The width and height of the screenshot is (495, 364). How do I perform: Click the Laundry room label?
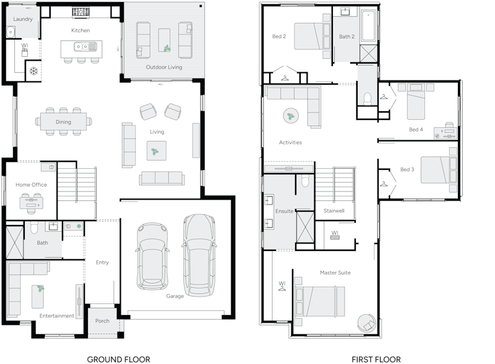point(22,19)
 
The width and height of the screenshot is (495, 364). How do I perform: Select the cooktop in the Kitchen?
point(80,12)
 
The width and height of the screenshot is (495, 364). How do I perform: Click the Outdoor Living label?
point(164,67)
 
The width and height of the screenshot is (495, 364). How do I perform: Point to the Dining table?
point(64,122)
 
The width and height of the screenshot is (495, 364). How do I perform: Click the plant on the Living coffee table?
point(156,149)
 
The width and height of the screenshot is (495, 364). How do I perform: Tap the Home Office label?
point(32,185)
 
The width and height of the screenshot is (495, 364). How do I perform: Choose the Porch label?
point(102,321)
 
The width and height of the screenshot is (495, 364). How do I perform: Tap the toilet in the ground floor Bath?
point(35,227)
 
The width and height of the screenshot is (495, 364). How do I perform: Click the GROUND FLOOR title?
point(118,359)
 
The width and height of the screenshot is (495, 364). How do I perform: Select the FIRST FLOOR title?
point(376,359)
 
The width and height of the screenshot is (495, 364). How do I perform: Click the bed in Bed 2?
point(313,36)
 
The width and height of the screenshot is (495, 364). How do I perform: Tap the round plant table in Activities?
point(290,116)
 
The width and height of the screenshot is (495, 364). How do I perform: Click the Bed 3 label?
point(407,169)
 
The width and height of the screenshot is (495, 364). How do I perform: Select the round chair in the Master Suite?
point(366,322)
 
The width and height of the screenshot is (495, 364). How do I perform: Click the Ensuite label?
point(285,211)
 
